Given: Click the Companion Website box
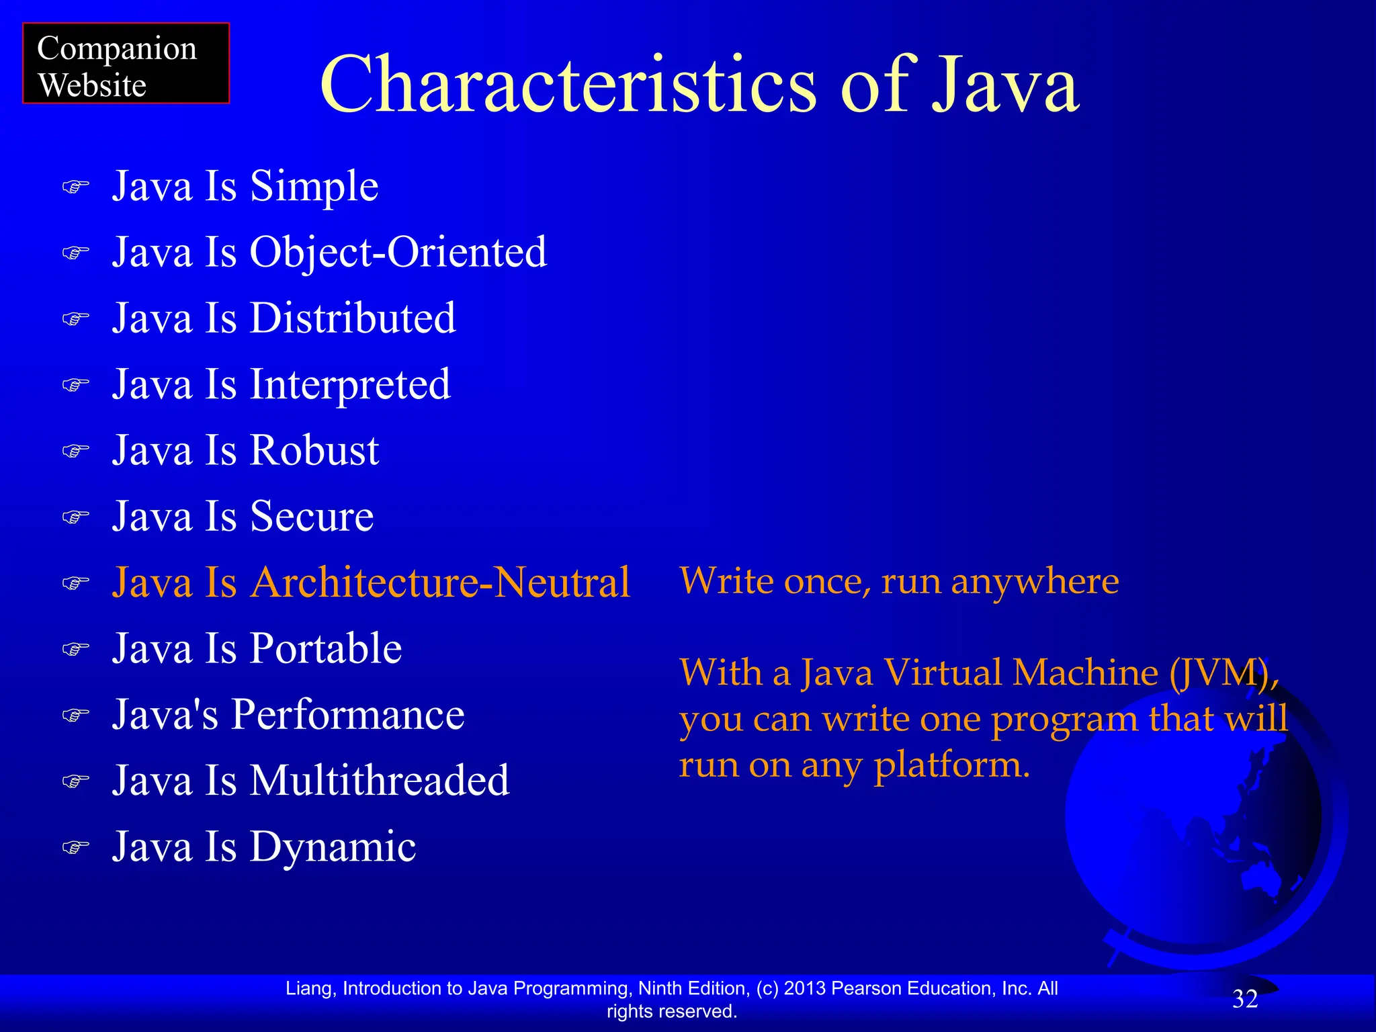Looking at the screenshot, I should coord(126,64).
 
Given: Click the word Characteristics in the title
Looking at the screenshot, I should coord(568,85).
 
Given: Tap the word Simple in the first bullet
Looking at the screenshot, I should coord(314,187).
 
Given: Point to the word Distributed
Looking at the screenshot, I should coord(353,318).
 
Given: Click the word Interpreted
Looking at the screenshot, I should coord(350,384).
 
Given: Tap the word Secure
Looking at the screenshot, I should coord(312,516).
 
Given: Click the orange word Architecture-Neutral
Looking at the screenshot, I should coord(440,583).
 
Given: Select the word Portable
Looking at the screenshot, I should coord(326,648).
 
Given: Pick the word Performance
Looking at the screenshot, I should coord(348,714).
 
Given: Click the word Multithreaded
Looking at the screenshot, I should coord(380,781).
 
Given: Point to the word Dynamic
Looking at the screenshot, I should coord(333,847).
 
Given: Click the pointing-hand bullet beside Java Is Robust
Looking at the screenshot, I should coord(75,451).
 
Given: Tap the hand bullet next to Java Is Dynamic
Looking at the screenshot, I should coord(75,847).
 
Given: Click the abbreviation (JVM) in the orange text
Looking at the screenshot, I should coord(1223,673).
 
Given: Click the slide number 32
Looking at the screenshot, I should coord(1245,999).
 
